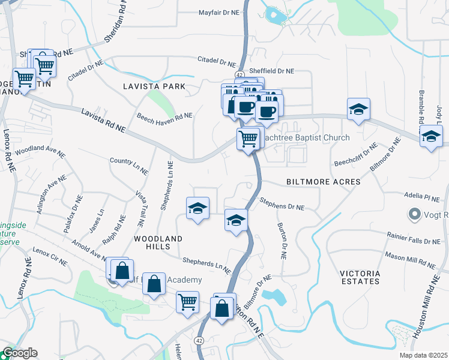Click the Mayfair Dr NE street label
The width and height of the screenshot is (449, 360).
point(219,12)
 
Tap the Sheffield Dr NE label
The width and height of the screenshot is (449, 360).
point(271,70)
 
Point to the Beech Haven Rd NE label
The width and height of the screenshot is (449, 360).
point(164,116)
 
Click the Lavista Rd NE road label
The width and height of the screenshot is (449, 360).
point(103,120)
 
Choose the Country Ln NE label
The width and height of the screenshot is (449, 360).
point(128,166)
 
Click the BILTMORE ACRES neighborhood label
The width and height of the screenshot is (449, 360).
point(323,181)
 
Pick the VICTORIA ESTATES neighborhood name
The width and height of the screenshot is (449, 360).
point(360,277)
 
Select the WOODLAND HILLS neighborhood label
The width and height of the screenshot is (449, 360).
point(158,242)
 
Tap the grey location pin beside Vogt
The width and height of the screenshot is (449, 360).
point(414,214)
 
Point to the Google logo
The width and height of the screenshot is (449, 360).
point(20,353)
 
